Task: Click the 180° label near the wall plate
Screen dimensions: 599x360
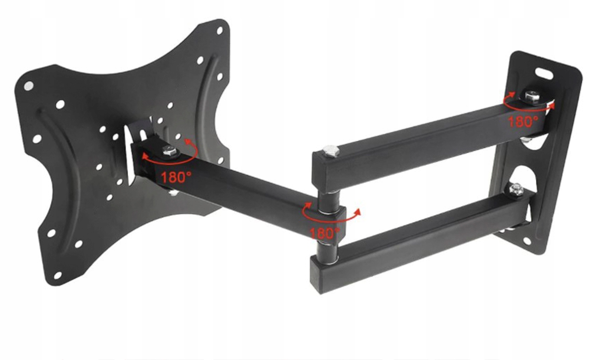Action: coord(522,122)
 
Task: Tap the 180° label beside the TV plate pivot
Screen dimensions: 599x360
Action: coord(176,177)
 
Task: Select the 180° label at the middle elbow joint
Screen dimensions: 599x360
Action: coord(325,233)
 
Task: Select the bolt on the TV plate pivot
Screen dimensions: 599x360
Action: coord(169,152)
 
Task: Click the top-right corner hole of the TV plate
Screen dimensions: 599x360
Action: coord(220,31)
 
